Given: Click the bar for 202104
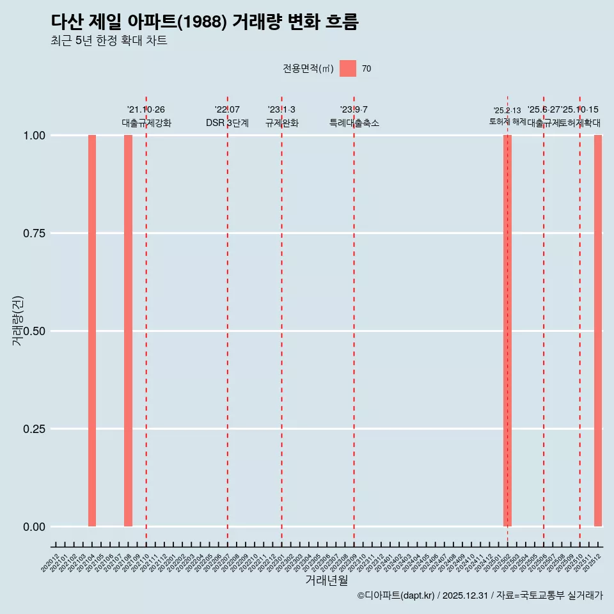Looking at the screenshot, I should click(x=92, y=331).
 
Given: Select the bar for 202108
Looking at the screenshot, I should click(x=128, y=331).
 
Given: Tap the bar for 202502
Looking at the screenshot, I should click(x=507, y=331).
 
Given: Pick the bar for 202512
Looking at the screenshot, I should click(x=598, y=331).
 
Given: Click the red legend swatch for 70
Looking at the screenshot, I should click(x=348, y=68).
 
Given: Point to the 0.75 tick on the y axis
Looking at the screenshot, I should click(x=33, y=233).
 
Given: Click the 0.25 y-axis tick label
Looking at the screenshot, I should click(x=33, y=429).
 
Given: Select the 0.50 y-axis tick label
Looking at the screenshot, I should click(x=33, y=331).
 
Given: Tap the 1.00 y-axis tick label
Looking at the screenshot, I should click(x=33, y=136).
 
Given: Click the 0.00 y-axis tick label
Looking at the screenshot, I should click(x=33, y=527).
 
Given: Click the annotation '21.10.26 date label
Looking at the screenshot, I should click(x=146, y=110).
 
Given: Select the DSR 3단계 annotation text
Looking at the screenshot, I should click(x=227, y=123).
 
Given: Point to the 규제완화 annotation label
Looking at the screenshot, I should click(x=281, y=123).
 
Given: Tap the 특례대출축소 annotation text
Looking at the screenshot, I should click(x=354, y=123).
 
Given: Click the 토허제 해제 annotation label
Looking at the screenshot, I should click(x=507, y=122).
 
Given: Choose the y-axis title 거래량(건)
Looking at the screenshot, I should click(x=18, y=320).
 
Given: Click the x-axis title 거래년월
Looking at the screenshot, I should click(x=327, y=581).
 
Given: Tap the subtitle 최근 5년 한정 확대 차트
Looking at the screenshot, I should click(x=109, y=41).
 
